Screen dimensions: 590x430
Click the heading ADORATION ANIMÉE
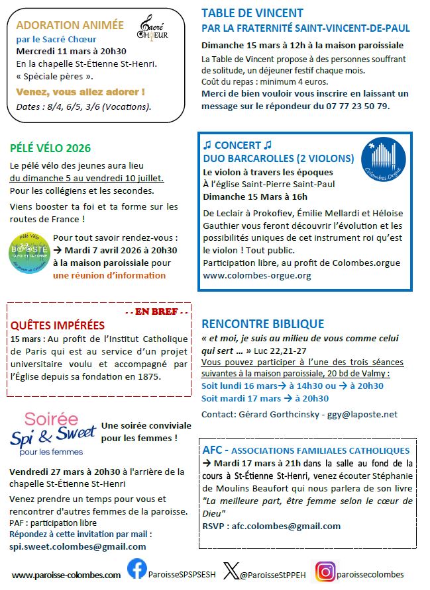click(x=70, y=25)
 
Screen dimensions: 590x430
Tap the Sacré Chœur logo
click(x=152, y=28)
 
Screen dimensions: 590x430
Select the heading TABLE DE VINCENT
click(x=252, y=13)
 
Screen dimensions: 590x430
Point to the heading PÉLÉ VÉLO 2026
click(x=50, y=148)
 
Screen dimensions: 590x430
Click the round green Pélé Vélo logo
click(x=29, y=252)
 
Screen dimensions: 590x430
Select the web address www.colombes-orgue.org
click(x=256, y=275)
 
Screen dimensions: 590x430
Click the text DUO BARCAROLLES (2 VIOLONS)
click(x=278, y=158)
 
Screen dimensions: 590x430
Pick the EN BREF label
click(x=157, y=311)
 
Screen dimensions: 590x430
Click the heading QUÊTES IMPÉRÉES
click(x=58, y=325)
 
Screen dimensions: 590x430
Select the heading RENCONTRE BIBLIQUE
click(x=262, y=324)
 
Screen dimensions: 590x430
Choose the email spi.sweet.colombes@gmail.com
click(x=78, y=546)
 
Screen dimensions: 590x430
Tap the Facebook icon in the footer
click(x=137, y=570)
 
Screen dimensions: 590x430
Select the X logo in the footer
click(x=231, y=571)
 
